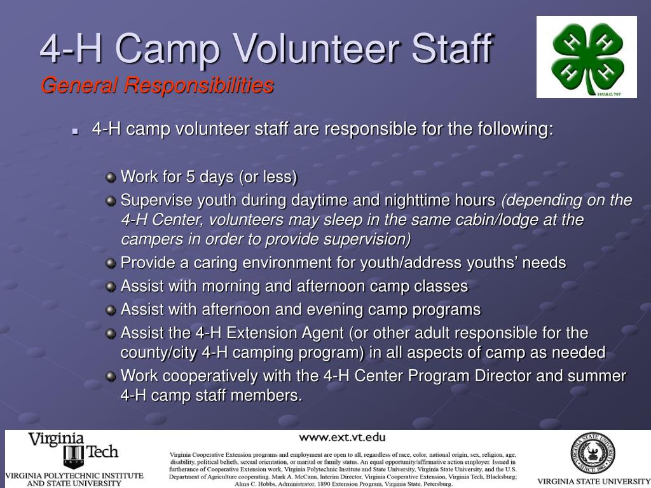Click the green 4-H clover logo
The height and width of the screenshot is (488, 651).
(x=586, y=57)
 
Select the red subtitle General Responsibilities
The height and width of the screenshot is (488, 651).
(x=157, y=85)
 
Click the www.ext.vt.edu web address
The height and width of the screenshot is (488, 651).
(x=342, y=437)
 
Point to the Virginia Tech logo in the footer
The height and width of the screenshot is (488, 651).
(x=74, y=450)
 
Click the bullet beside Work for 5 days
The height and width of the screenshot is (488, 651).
(x=111, y=177)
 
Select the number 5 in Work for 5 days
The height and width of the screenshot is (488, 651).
(x=190, y=177)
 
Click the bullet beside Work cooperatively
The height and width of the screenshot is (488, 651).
(x=111, y=376)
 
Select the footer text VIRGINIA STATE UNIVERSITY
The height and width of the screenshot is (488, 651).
(x=591, y=481)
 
